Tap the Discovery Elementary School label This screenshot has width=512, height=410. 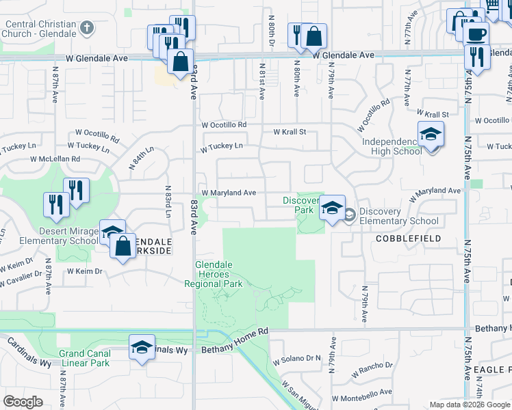pyautogui.click(x=398, y=216)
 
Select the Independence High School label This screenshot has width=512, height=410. pyautogui.click(x=392, y=146)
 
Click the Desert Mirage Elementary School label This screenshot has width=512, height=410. pyautogui.click(x=49, y=236)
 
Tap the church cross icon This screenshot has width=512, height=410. pyautogui.click(x=86, y=28)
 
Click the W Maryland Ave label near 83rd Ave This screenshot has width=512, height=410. pyautogui.click(x=228, y=193)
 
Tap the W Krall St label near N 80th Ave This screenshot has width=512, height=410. pyautogui.click(x=289, y=132)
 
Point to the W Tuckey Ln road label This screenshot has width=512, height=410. pyautogui.click(x=221, y=147)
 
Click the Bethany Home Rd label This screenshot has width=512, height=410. pyautogui.click(x=235, y=349)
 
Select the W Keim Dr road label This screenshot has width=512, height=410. pyautogui.click(x=84, y=271)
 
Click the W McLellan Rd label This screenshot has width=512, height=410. pyautogui.click(x=55, y=159)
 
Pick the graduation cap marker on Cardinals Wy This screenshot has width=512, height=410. pyautogui.click(x=142, y=346)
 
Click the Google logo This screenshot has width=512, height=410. pyautogui.click(x=23, y=402)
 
